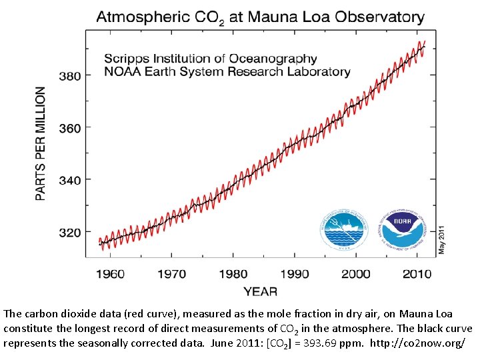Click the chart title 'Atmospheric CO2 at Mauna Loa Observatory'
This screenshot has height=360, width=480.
coord(260,17)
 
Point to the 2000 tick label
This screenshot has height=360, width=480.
coord(355,273)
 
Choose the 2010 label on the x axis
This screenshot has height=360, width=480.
coord(416,273)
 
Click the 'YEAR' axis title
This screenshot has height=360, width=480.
coord(260,291)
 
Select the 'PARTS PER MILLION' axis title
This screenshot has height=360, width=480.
coord(41,143)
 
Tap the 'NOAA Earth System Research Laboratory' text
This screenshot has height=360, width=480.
coord(227,71)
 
